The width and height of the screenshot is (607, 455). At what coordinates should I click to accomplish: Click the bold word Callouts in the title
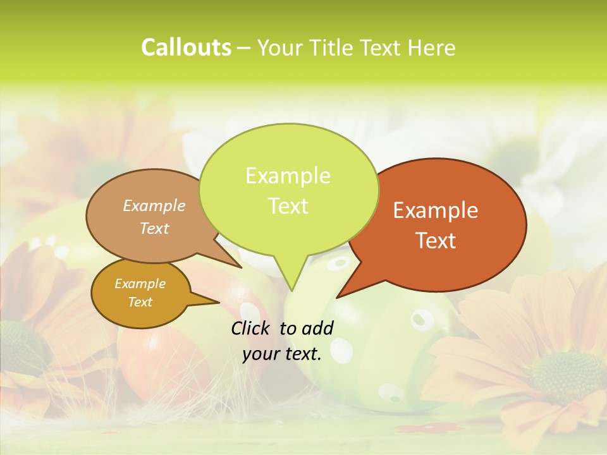click(186, 48)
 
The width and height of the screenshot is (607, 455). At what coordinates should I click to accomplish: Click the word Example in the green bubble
click(288, 176)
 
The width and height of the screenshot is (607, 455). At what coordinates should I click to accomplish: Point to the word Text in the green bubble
click(288, 206)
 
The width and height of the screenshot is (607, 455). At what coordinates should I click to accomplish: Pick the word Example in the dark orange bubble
click(436, 210)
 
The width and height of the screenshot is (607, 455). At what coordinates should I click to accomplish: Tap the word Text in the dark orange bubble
click(436, 241)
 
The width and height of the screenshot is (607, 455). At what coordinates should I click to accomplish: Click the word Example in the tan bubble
click(154, 206)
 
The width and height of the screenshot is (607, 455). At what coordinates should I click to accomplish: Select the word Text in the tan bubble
click(154, 229)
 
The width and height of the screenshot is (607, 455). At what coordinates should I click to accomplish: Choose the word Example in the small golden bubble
click(140, 284)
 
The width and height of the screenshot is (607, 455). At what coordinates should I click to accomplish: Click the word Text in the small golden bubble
click(140, 302)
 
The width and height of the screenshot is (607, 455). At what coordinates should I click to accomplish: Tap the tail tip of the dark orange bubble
click(338, 297)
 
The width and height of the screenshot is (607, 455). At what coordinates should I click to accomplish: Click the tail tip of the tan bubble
click(241, 267)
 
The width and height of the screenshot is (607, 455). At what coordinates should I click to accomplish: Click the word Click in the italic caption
click(252, 328)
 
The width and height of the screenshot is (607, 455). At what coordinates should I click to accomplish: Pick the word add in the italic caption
click(317, 328)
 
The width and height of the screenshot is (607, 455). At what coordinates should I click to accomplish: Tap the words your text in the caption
click(282, 355)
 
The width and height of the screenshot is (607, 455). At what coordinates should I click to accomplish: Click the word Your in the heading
click(282, 48)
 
